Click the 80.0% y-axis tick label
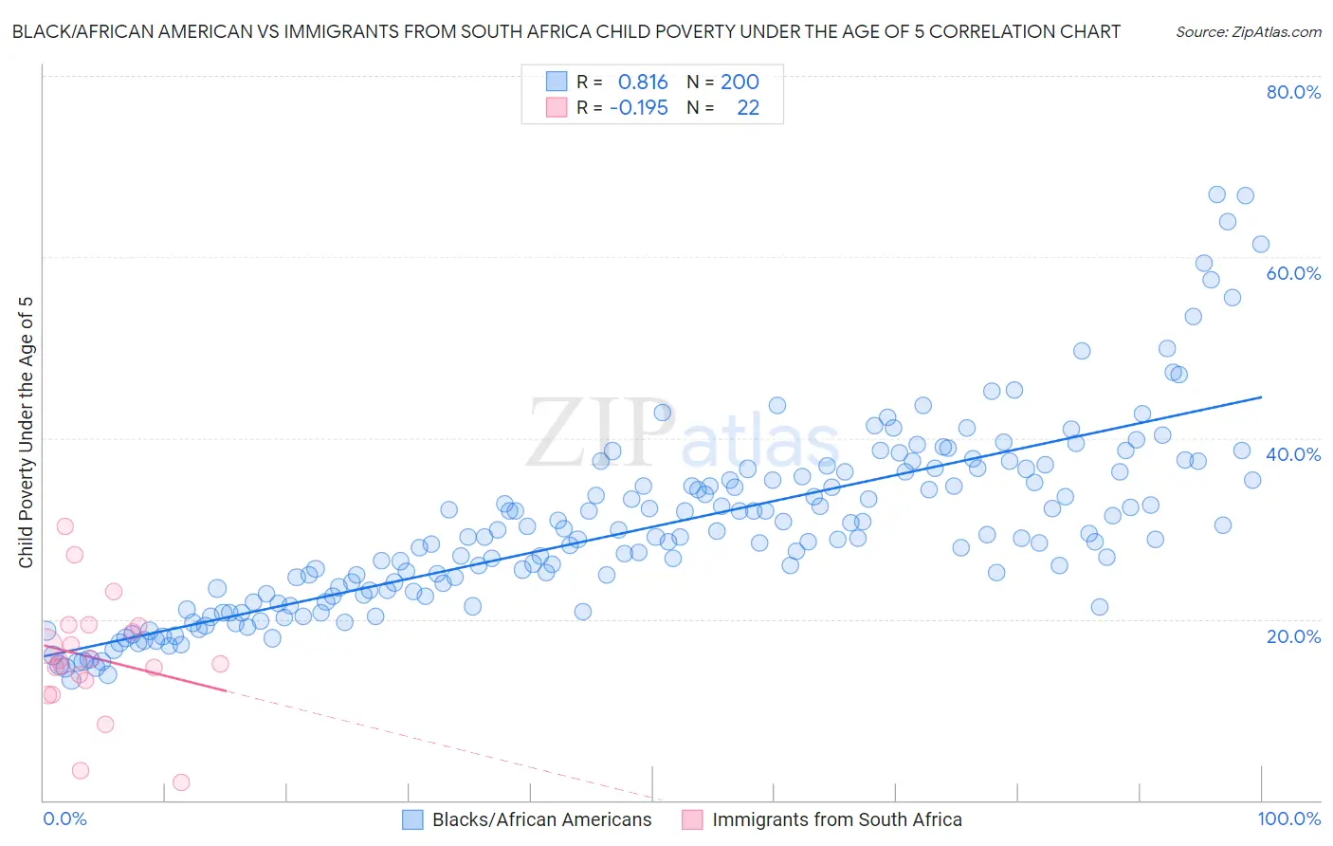[1293, 92]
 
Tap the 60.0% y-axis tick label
[1293, 273]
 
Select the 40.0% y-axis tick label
[1293, 454]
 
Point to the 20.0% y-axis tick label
[1293, 636]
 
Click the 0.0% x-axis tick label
[64, 819]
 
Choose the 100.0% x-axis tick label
[1288, 819]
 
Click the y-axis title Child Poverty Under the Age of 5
[26, 432]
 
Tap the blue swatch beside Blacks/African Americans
[412, 819]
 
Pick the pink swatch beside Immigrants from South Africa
[692, 819]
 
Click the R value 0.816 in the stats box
[643, 83]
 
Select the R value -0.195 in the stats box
[638, 108]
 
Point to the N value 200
[740, 83]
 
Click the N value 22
[748, 108]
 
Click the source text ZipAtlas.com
[1249, 32]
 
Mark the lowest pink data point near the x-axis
[181, 782]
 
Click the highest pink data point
[65, 526]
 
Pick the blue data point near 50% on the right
[1082, 351]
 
